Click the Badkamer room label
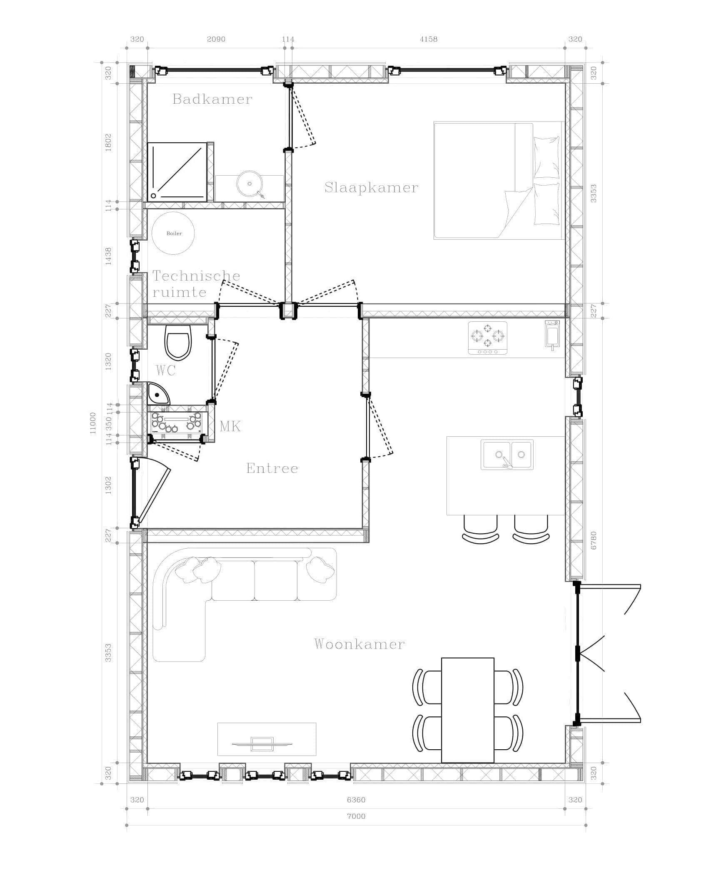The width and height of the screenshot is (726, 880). [x=212, y=99]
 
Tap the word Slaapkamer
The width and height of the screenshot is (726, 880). [x=372, y=187]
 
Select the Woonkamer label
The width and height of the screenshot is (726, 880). [x=359, y=644]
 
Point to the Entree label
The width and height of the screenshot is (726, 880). [x=272, y=468]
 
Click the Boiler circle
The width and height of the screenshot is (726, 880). [x=173, y=233]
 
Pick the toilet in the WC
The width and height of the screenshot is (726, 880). [x=178, y=342]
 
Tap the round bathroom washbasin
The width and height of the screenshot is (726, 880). [x=249, y=184]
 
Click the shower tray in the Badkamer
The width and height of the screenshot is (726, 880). [x=177, y=172]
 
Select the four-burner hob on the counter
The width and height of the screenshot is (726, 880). [x=488, y=338]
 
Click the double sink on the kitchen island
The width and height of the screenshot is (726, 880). [x=507, y=455]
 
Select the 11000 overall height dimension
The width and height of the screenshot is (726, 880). [x=93, y=423]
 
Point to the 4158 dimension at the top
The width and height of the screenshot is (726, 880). [x=429, y=39]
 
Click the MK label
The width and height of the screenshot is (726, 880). [x=230, y=426]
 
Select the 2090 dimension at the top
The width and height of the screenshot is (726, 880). [x=216, y=39]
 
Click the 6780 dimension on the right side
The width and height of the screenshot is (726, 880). [x=594, y=540]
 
